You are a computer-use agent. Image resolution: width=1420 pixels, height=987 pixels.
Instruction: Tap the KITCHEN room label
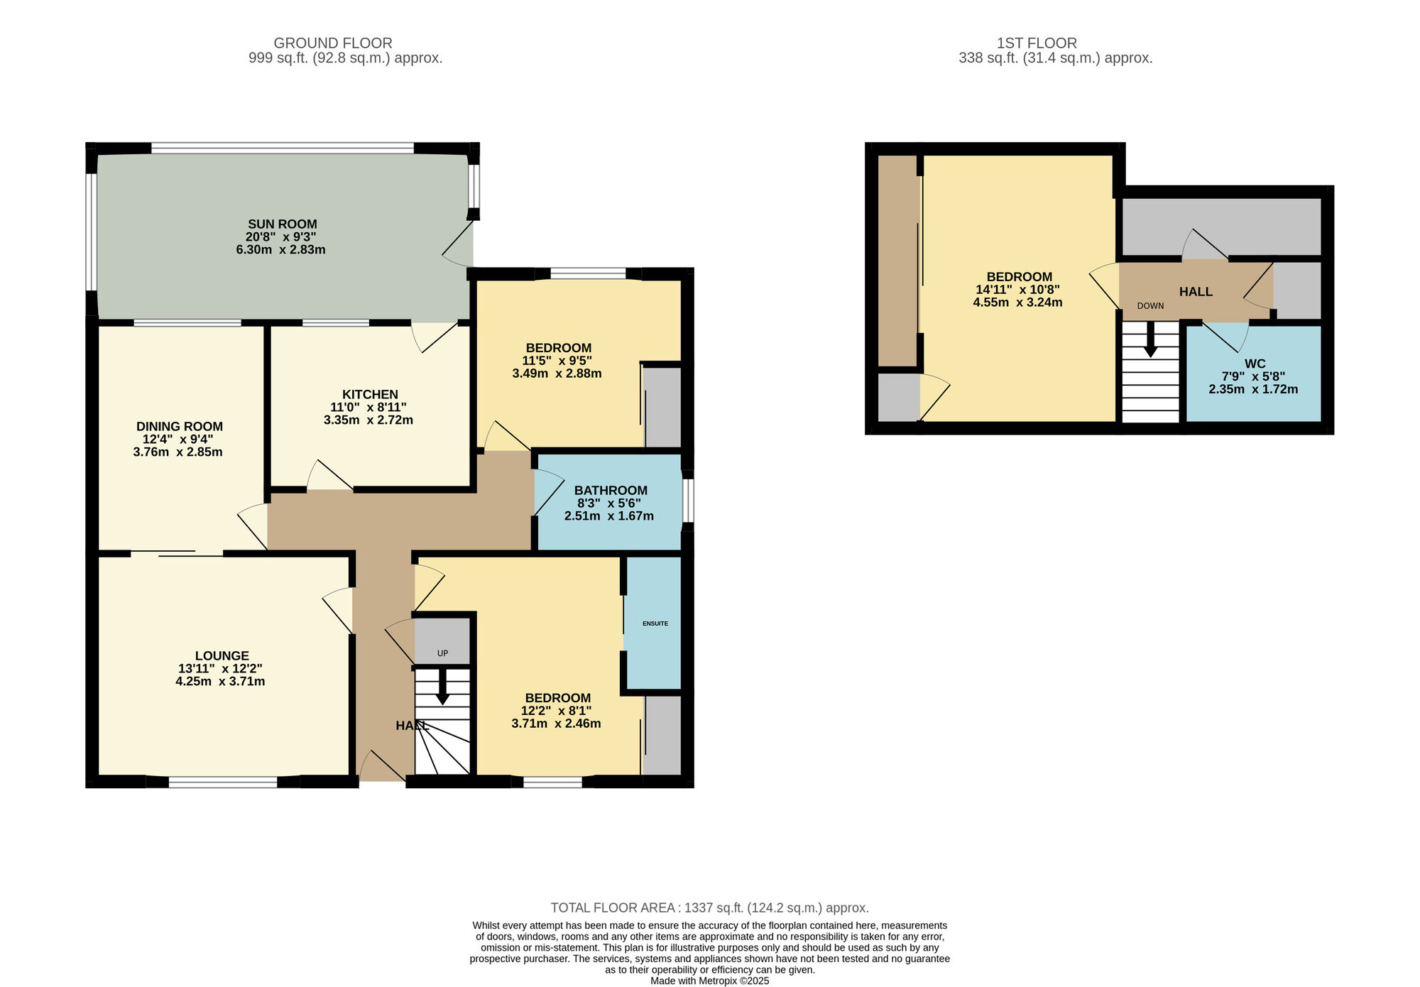coord(370,395)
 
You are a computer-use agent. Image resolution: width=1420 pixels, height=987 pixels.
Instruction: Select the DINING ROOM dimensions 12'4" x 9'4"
coord(179,440)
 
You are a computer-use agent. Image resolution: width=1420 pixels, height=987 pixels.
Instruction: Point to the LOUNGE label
coord(222,656)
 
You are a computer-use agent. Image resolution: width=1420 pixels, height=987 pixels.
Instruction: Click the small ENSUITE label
coord(655,623)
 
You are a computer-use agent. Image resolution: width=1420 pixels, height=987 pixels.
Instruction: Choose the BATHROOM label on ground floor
coord(611,491)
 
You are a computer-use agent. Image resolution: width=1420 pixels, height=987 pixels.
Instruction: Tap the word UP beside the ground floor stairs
coord(442,653)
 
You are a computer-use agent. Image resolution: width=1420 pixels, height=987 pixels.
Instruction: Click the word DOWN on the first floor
coord(1150,306)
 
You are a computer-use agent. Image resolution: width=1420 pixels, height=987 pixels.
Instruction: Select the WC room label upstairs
coord(1255,364)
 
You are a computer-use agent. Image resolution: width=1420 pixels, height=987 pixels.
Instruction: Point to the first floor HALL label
coord(1196,292)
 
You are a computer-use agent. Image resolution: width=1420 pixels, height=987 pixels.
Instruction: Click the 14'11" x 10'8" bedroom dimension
coord(1017,290)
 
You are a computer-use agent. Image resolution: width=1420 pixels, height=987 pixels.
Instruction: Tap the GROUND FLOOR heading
coord(333,43)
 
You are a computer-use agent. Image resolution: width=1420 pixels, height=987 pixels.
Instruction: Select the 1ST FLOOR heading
coord(1037,43)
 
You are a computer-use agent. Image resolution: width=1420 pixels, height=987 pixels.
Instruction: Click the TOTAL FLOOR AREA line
coord(709,907)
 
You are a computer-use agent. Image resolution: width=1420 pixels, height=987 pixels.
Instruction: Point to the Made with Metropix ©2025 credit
coord(709,981)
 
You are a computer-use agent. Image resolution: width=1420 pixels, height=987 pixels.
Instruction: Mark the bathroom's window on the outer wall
coord(689,501)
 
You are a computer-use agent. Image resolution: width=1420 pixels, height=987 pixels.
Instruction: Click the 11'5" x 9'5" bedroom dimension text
coord(557,361)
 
